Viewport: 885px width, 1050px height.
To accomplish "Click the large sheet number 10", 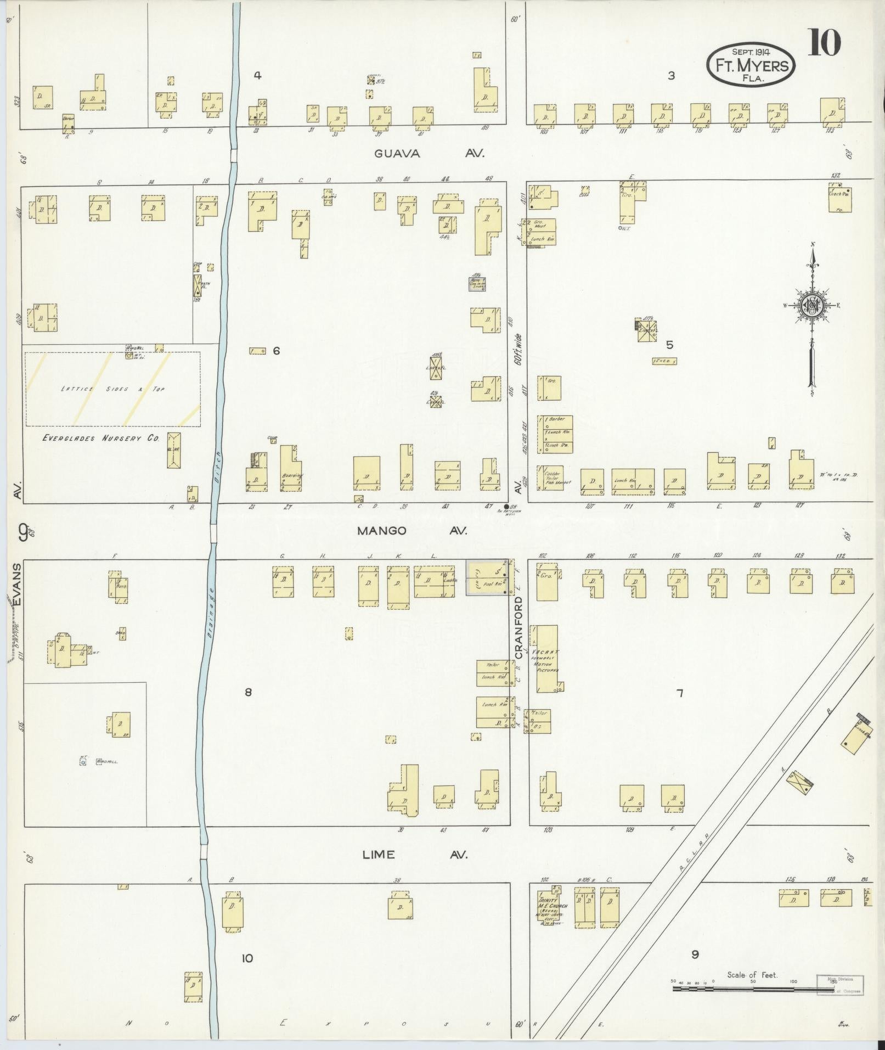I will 824,42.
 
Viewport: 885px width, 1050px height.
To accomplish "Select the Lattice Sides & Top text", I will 112,389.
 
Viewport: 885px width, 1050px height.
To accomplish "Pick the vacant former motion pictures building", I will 548,659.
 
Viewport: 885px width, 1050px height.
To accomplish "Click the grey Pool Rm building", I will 487,577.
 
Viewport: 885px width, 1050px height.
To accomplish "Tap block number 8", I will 248,692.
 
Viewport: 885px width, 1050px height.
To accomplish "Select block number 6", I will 276,351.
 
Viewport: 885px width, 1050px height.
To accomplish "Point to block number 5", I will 669,345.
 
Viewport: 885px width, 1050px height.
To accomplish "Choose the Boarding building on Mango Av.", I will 291,469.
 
